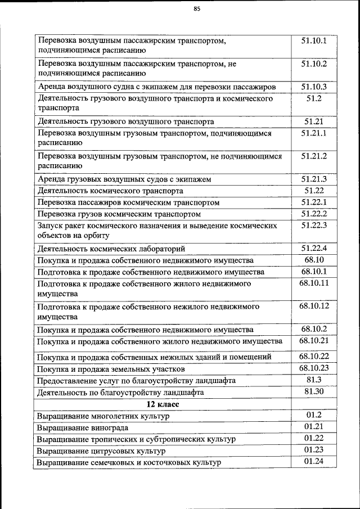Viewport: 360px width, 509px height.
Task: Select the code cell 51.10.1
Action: (x=314, y=40)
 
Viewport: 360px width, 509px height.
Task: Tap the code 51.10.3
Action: (x=314, y=87)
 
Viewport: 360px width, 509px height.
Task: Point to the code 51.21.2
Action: (x=314, y=156)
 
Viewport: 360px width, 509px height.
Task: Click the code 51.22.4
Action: (x=314, y=248)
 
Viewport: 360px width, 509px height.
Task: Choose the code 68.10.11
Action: (x=314, y=283)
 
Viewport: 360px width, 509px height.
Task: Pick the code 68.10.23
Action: (x=314, y=368)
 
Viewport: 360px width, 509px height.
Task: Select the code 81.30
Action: (x=314, y=391)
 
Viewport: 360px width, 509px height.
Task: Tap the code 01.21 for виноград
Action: (x=314, y=427)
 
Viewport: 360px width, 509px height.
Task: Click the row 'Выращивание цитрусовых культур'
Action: (x=101, y=451)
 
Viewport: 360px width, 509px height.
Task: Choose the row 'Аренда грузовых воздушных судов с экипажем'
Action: (x=124, y=179)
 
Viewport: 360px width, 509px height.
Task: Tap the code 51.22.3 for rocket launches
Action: (x=314, y=225)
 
